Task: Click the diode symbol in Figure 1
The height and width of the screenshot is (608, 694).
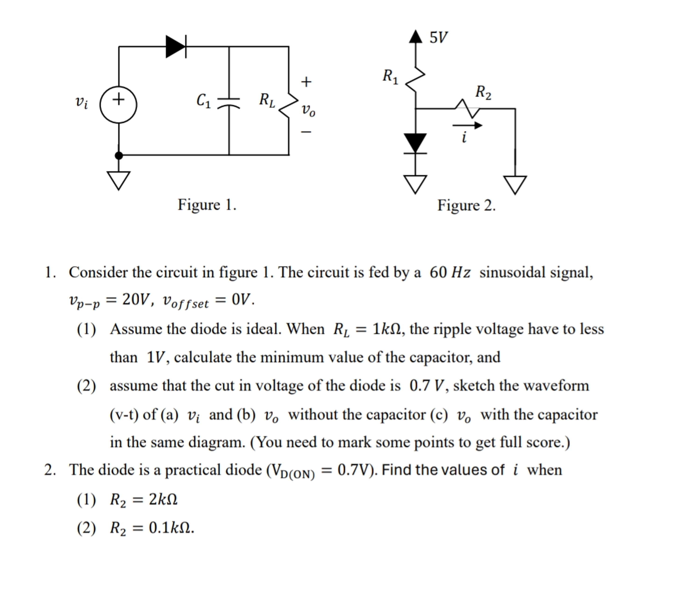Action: (x=176, y=47)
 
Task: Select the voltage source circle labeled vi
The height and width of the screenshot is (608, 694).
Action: (x=118, y=105)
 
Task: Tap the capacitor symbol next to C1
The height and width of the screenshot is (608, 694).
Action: (x=229, y=102)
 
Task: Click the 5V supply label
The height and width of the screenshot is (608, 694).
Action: (x=438, y=37)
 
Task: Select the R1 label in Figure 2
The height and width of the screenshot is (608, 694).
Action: (x=390, y=76)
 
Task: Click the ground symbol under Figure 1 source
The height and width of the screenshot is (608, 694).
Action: (x=118, y=180)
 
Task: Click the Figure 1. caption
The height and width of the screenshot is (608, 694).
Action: (x=207, y=205)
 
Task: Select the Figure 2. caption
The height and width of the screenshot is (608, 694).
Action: (x=466, y=206)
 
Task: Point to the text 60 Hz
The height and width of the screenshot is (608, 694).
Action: (x=450, y=272)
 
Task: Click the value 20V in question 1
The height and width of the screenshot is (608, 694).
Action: (x=136, y=299)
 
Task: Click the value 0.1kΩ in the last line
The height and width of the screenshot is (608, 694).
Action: (x=171, y=528)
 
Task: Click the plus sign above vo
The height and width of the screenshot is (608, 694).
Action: (x=306, y=82)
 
